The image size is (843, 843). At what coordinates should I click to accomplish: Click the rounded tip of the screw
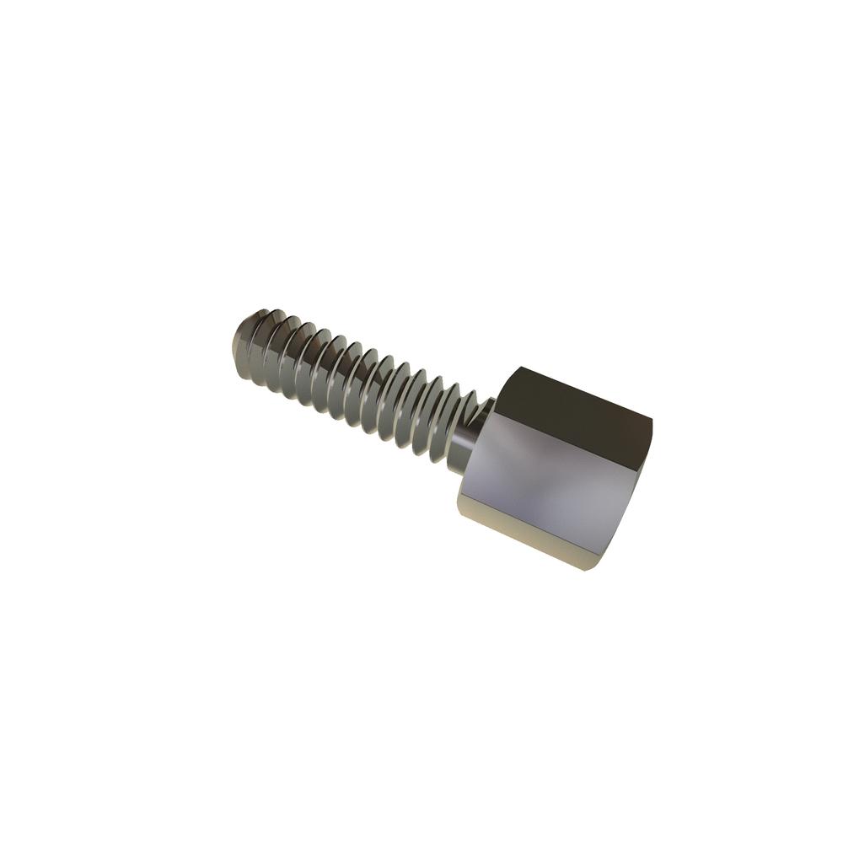240,339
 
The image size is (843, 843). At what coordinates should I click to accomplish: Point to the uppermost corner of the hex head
521,368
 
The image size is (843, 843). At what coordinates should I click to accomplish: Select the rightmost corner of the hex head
652,421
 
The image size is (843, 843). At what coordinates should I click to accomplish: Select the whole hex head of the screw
556,468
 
